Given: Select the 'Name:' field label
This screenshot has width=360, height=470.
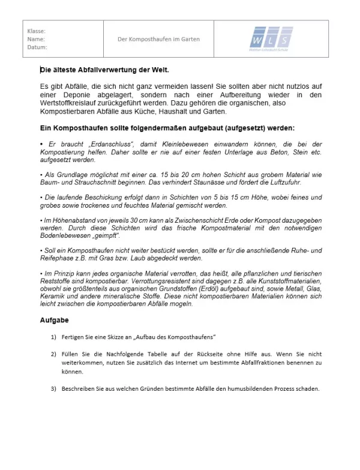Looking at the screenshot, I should click(36, 39).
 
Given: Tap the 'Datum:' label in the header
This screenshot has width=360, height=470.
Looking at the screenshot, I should click(37, 47).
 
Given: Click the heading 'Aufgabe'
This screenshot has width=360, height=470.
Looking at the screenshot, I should click(54, 320).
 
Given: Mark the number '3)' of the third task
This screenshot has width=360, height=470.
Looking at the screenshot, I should click(54, 388).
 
